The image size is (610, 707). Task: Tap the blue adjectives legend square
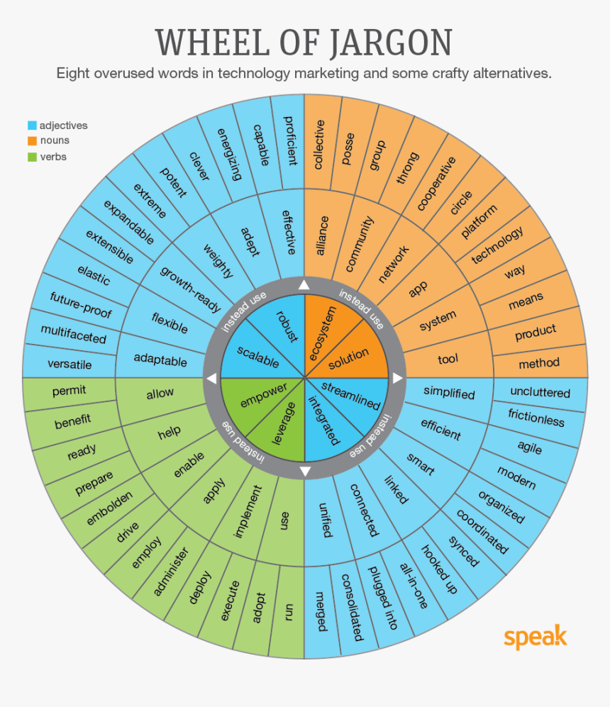pos(31,126)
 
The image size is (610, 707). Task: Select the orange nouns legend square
pos(31,141)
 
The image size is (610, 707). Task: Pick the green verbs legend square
pos(31,157)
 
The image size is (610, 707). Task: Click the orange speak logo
pos(536,636)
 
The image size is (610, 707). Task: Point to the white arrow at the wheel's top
pos(304,285)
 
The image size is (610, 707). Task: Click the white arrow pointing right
pos(398,378)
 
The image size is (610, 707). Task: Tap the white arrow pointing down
pos(305,472)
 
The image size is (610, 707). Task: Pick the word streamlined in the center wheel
pos(350,396)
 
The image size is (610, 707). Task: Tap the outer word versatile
pos(70,364)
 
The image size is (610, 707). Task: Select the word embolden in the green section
pos(109,508)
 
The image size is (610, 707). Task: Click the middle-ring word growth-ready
pos(190,289)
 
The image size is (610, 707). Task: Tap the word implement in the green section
pos(248,511)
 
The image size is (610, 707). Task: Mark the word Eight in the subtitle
pos(77,73)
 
